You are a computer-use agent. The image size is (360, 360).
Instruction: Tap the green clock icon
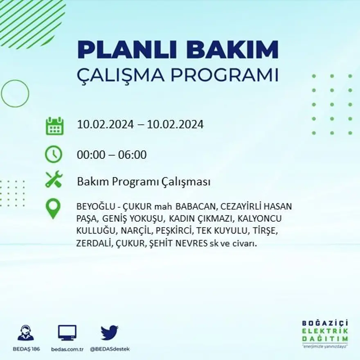pos(54,155)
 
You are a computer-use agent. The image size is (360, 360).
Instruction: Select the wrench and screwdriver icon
pos(54,179)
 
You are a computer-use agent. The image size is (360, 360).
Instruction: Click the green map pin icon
pos(53,208)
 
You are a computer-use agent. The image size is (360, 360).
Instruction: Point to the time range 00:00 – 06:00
pos(112,155)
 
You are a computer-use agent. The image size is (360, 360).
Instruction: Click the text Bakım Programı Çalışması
pos(144,182)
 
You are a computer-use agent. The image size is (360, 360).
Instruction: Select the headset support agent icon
pos(26,333)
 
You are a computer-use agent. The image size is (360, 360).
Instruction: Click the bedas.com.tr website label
pos(67,349)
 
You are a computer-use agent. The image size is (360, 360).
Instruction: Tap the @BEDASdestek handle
pos(110,349)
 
